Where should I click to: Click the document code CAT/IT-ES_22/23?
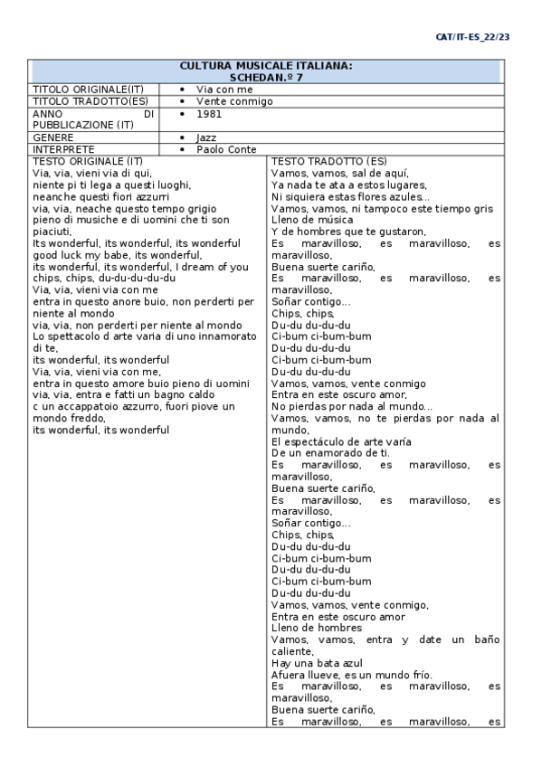472,37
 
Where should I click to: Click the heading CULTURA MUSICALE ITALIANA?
266,66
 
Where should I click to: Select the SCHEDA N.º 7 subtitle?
266,78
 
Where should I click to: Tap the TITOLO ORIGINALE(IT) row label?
88,90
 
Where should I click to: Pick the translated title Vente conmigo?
234,101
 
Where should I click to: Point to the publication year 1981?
209,114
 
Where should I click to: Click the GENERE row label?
53,137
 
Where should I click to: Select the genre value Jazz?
206,137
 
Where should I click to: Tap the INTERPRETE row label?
63,149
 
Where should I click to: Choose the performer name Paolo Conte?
226,149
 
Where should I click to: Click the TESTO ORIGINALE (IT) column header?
88,161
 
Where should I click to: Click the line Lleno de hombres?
317,628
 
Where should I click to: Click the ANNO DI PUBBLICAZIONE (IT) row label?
93,119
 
